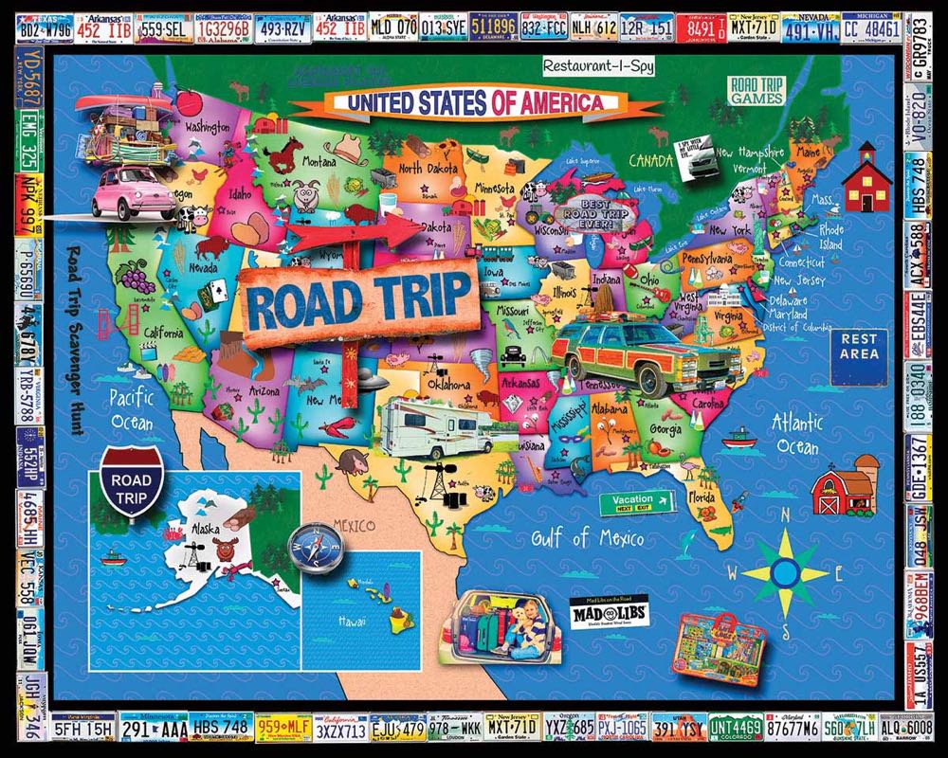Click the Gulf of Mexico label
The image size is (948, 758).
(587, 540)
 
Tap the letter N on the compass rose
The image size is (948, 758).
(784, 516)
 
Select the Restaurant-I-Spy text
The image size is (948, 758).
(596, 65)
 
